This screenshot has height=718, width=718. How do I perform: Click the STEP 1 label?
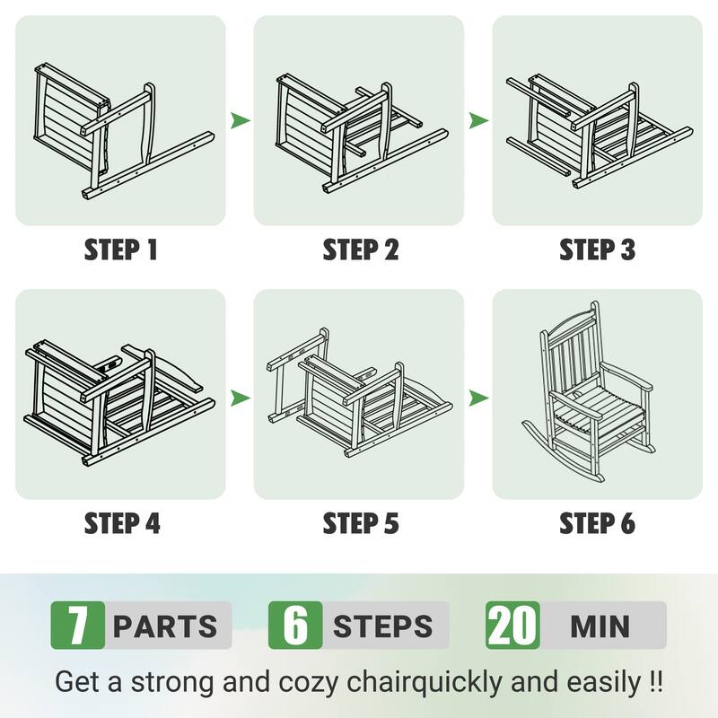click(121, 250)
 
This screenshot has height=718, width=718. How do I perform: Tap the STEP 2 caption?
click(361, 250)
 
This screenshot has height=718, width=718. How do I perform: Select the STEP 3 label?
click(597, 250)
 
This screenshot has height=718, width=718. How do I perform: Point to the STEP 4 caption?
click(122, 523)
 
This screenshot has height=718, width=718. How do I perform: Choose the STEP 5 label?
click(361, 523)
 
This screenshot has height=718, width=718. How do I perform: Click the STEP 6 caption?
click(597, 523)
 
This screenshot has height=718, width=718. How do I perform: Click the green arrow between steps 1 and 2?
click(240, 120)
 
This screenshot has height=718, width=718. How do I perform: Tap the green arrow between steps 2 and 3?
click(478, 120)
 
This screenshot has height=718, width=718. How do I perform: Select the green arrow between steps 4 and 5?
click(240, 398)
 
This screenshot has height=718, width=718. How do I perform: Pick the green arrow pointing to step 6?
click(478, 398)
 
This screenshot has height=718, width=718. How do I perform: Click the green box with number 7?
click(78, 625)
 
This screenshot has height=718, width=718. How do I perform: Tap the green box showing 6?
click(295, 625)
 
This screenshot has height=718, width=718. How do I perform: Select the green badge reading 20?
click(512, 625)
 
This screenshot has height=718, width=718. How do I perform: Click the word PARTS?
click(165, 626)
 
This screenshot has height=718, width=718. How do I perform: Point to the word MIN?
click(600, 626)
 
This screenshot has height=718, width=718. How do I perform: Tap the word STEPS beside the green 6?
click(383, 626)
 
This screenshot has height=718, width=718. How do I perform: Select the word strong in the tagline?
click(172, 682)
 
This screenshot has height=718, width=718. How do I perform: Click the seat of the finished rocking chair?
click(595, 407)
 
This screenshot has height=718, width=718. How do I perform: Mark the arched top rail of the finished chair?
click(567, 320)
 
